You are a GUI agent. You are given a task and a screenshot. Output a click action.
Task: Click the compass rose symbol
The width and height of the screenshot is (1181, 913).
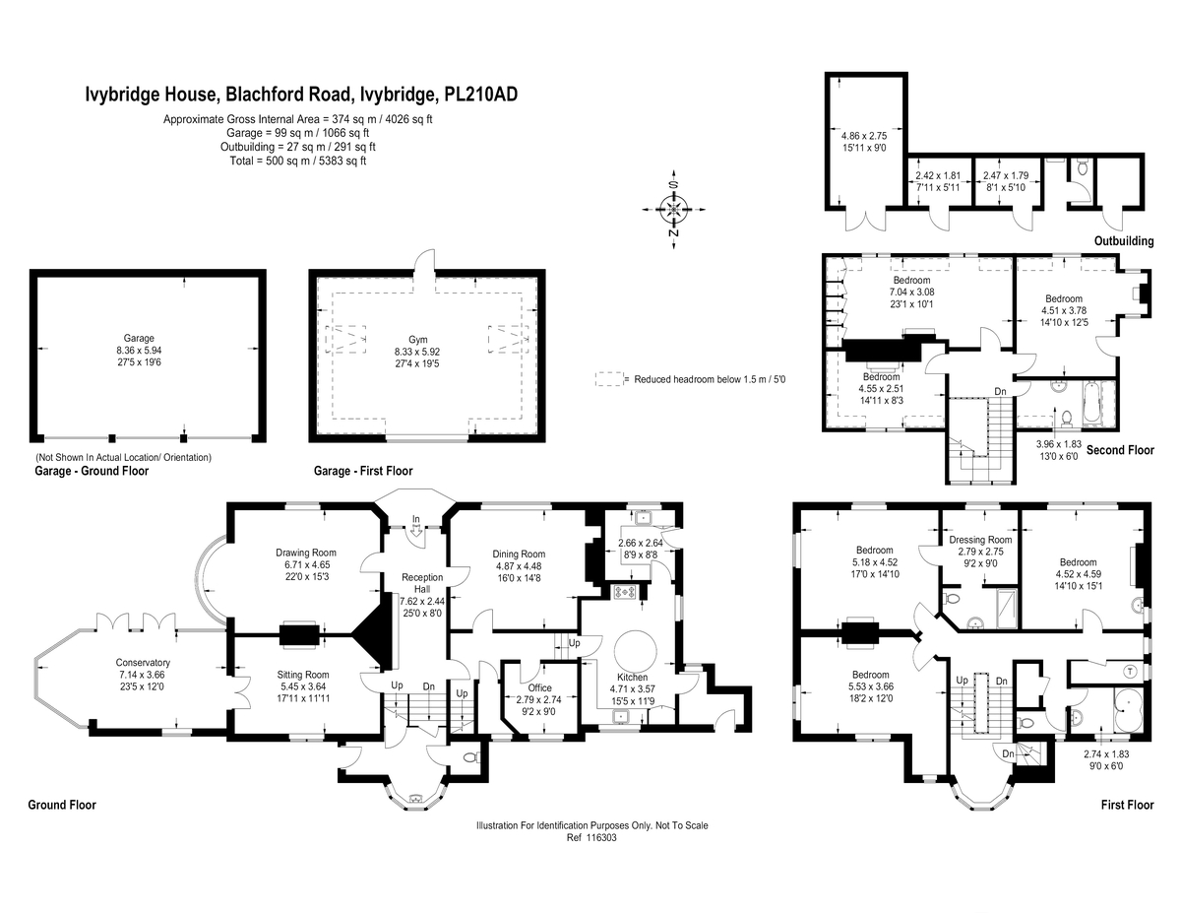point(673,210)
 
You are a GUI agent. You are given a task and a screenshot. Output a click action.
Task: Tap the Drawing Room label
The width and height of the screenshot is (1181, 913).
point(306,553)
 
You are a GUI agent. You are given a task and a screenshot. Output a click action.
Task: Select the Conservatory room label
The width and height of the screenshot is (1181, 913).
point(143,662)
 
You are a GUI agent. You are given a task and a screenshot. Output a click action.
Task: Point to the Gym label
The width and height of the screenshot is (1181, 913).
point(418,340)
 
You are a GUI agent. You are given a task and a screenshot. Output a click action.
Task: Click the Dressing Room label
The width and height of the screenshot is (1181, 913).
point(980,540)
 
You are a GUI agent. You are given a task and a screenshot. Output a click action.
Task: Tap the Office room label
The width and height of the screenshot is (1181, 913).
point(539,687)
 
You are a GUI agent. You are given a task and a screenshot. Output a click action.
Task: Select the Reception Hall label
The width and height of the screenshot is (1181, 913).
point(422,583)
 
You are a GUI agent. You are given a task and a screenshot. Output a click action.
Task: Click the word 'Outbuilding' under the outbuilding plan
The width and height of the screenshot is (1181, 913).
point(1124,241)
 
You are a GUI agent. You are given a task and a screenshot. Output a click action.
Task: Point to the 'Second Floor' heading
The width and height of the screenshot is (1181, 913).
point(1120,450)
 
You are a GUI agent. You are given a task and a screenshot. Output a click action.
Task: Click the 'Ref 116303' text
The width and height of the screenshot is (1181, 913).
point(591,837)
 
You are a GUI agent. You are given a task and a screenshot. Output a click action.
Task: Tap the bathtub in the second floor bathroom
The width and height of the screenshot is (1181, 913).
point(1091,404)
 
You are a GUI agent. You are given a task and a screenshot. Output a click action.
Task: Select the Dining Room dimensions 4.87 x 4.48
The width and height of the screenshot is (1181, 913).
point(519,566)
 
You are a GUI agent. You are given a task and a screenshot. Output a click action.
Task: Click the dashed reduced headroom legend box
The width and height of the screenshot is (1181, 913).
point(609,379)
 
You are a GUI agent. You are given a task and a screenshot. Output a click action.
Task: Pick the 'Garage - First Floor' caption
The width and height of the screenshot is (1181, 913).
point(363,471)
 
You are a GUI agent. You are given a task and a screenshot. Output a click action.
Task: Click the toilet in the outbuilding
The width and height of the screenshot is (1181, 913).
point(1082,166)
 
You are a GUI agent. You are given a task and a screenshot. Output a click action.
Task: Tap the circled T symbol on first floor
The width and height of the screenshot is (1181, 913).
point(1131,671)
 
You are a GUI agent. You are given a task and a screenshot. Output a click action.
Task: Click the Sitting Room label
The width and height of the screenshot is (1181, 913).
point(303,675)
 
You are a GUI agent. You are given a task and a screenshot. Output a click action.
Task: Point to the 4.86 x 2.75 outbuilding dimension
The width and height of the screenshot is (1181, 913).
point(864,136)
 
